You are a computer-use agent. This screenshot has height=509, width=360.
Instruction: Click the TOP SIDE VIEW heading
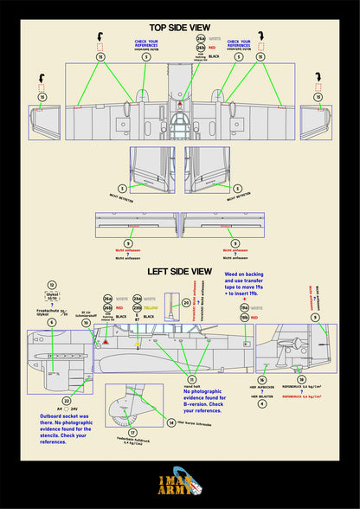[180, 26]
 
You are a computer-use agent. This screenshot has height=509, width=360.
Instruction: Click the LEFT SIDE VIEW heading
[180, 271]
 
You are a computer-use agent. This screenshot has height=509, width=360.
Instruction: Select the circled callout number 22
[67, 402]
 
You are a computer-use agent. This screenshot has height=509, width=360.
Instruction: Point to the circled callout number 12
[52, 285]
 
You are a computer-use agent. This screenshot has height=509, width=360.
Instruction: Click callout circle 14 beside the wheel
[171, 422]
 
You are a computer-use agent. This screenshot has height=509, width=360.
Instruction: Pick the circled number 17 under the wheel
[132, 431]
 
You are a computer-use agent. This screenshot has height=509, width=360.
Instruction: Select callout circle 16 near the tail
[262, 379]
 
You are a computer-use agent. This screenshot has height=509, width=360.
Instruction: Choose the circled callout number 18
[300, 379]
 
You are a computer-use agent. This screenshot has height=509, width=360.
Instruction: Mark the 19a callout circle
[244, 307]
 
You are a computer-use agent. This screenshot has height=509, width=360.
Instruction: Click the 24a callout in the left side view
[108, 298]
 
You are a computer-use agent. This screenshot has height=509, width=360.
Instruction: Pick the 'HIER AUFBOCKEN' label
[262, 390]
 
